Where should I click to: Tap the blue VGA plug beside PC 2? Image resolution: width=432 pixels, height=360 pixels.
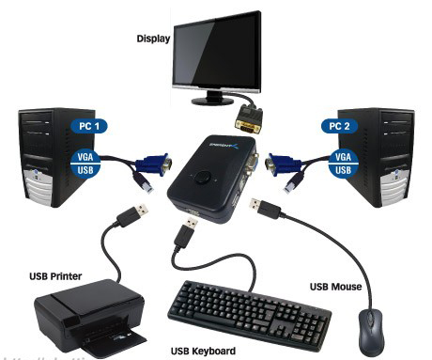click(x=281, y=165)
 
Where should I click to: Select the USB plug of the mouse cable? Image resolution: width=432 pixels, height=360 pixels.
click(x=266, y=208)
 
